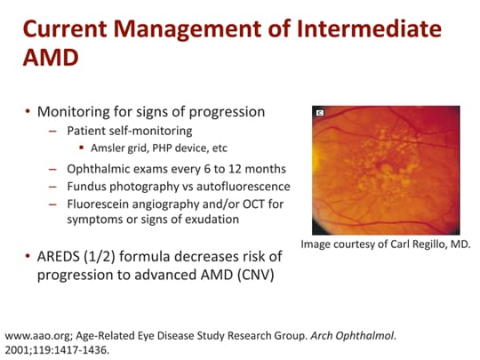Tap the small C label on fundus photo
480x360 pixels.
[320, 114]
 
